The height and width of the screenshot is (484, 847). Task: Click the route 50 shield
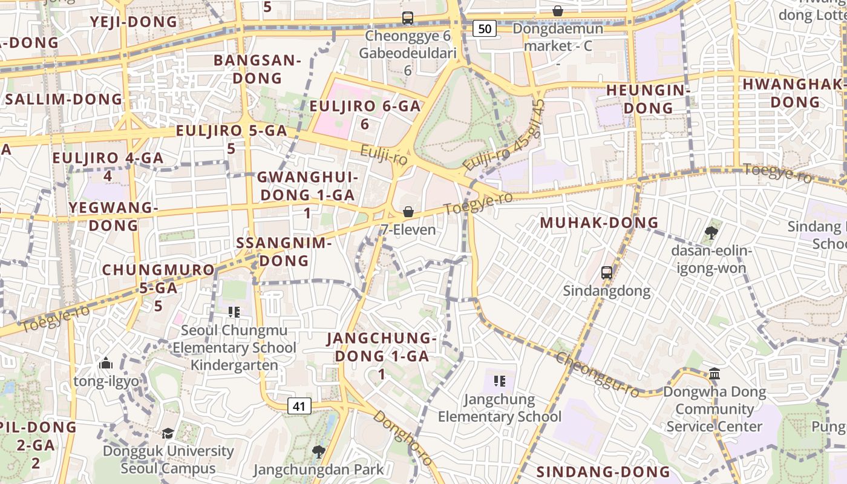[485, 28]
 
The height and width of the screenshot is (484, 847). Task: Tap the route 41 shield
[299, 406]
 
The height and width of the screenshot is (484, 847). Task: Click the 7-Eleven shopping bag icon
[408, 212]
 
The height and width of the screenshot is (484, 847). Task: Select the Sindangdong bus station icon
[607, 272]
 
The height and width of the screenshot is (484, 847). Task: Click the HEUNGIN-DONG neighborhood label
[648, 99]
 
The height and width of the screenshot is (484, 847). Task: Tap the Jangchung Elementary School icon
[499, 381]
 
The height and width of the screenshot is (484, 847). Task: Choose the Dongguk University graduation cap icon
[168, 433]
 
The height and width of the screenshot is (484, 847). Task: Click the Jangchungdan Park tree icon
[318, 451]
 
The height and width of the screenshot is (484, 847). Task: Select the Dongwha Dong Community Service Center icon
[715, 373]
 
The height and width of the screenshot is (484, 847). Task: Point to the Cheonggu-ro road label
[597, 374]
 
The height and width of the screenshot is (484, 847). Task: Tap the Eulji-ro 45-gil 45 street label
[504, 136]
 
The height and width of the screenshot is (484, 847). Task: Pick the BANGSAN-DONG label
[257, 69]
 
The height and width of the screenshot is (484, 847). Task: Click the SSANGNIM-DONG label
[284, 252]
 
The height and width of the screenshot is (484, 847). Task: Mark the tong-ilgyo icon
[106, 363]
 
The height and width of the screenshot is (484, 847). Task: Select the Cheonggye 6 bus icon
[408, 18]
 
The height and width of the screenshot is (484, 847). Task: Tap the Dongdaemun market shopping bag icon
[558, 11]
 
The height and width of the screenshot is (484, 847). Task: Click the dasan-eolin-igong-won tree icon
[711, 232]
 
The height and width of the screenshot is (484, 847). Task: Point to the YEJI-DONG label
[134, 22]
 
